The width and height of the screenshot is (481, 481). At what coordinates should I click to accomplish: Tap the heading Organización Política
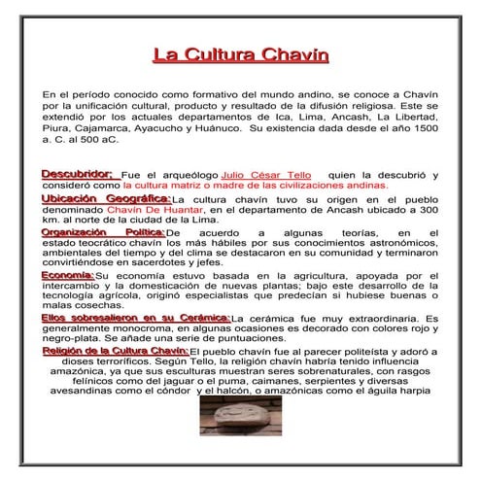102,233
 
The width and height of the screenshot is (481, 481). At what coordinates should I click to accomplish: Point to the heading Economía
67,275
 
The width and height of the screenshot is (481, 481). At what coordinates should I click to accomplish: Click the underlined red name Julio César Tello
254,174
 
